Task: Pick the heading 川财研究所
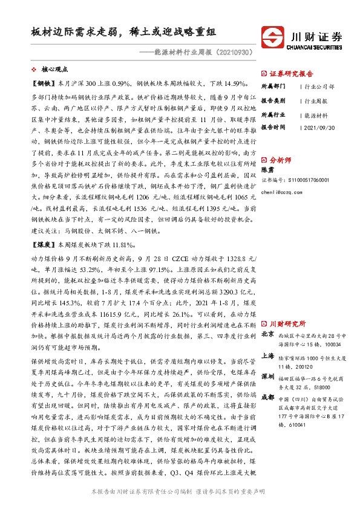287,324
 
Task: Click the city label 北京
268,334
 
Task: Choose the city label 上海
268,357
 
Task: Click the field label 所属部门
273,86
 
